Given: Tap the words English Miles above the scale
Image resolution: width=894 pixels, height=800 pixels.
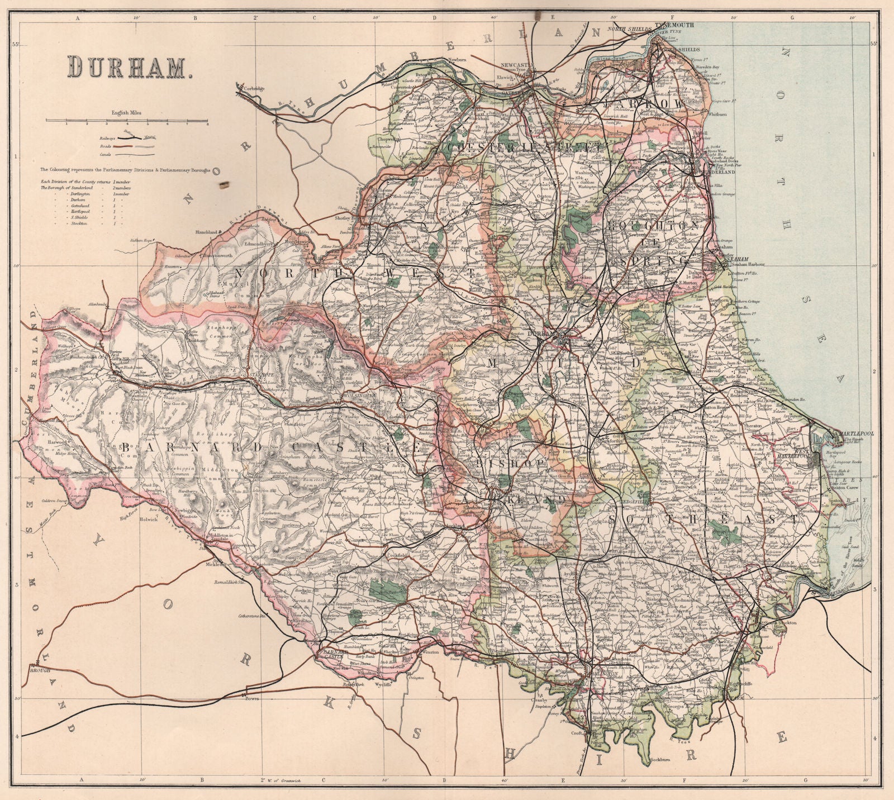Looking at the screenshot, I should (x=126, y=112).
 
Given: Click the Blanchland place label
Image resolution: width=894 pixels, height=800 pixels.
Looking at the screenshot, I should (x=205, y=231).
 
